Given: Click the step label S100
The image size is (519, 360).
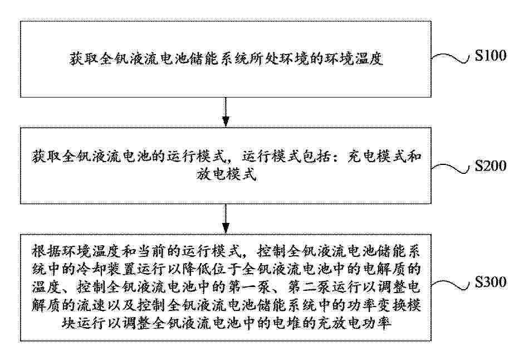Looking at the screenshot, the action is [x=491, y=55].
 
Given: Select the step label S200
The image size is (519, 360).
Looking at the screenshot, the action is [x=491, y=166].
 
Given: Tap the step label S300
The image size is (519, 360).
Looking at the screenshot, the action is [x=491, y=282].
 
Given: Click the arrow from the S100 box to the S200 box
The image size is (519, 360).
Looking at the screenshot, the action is [x=226, y=112].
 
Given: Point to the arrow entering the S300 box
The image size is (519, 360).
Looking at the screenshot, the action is [x=226, y=218].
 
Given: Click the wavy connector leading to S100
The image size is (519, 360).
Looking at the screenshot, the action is [x=451, y=58].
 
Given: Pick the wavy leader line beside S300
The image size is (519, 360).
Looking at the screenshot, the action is [x=451, y=285].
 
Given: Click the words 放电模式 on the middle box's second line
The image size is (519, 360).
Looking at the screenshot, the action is [x=227, y=174].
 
